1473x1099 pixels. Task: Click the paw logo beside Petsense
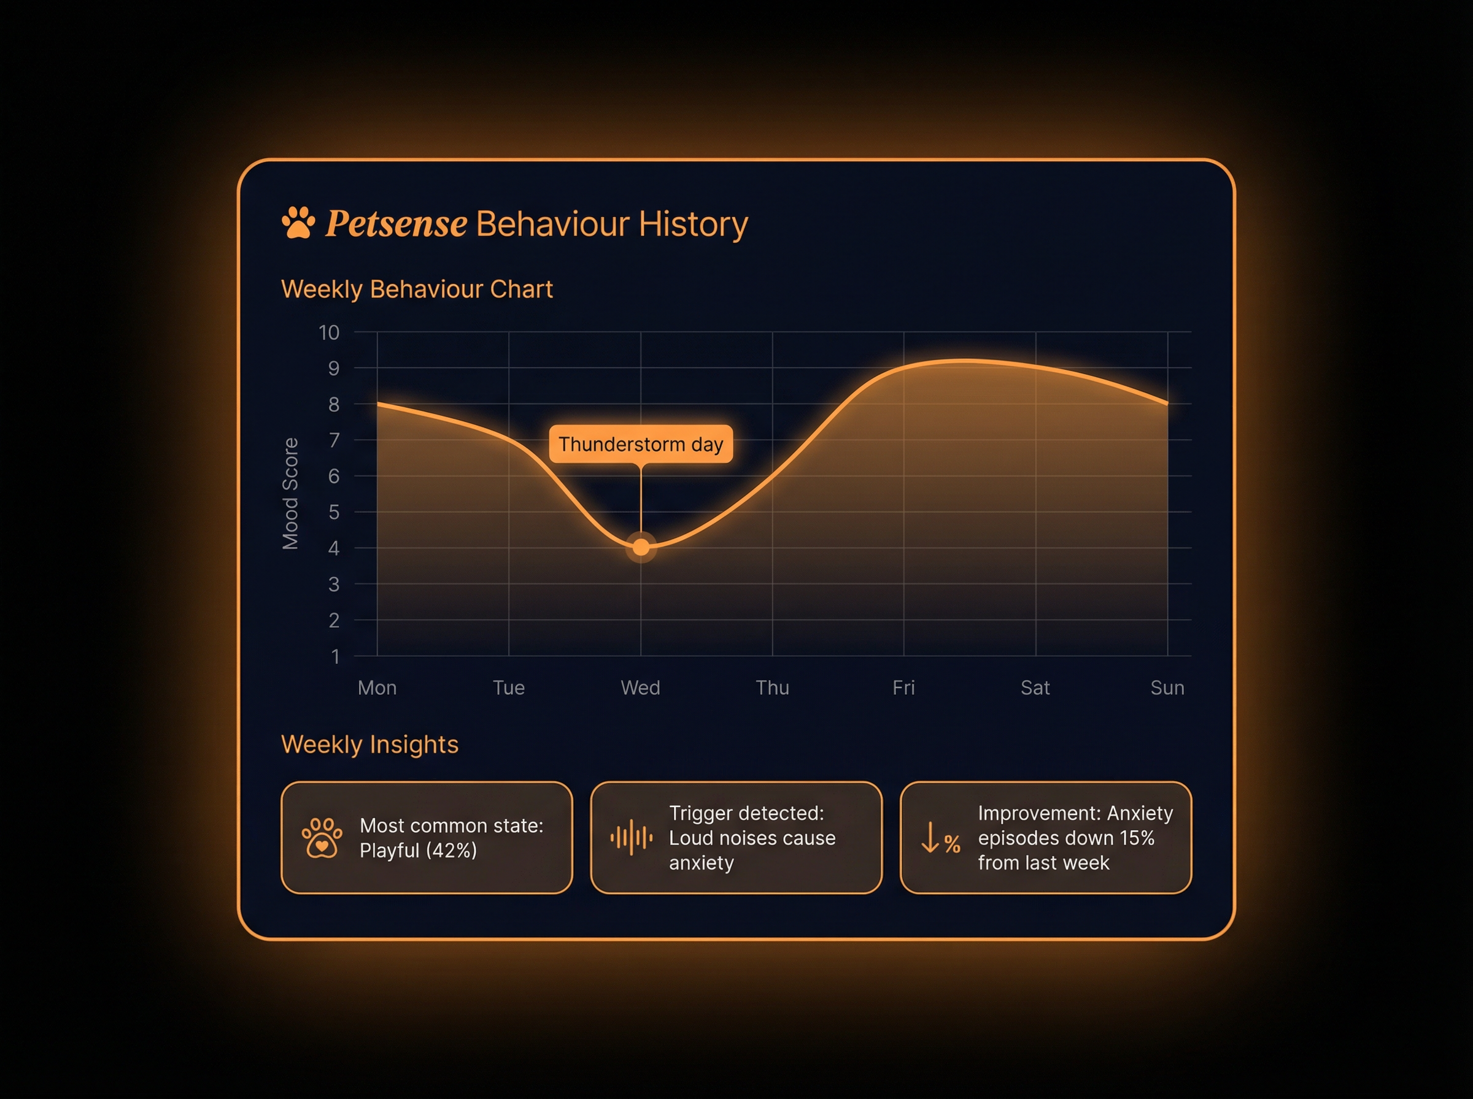pos(298,222)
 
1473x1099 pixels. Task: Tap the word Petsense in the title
pos(396,223)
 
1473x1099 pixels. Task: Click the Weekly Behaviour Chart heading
pos(417,289)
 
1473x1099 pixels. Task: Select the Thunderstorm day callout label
pos(640,444)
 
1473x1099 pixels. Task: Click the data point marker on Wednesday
pos(641,548)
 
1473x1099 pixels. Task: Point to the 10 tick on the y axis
pos(329,332)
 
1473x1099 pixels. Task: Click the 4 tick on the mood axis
pos(333,548)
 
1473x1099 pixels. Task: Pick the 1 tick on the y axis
pos(336,657)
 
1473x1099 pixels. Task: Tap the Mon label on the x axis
pos(377,687)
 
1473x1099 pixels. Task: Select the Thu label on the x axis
pos(772,687)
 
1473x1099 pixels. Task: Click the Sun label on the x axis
pos(1167,687)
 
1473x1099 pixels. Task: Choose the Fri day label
pos(903,687)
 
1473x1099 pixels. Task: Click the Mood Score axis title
pos(290,494)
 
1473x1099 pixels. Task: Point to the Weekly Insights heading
pos(369,745)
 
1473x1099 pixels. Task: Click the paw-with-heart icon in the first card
pos(322,838)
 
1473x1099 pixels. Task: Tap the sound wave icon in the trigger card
pos(631,838)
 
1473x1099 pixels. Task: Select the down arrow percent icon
pos(940,838)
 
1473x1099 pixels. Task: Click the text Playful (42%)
pos(418,850)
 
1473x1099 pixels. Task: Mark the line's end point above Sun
pos(1167,403)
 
